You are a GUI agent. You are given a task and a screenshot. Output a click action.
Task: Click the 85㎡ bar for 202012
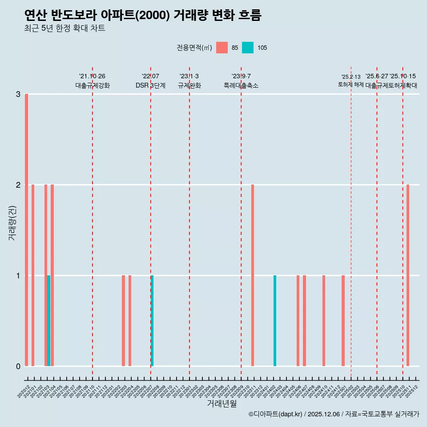click(27, 230)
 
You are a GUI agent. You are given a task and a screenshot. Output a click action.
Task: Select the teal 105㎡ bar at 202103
click(48, 321)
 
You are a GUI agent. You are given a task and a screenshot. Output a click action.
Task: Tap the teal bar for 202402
click(275, 321)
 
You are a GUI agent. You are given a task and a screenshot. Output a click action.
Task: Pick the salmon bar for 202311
click(253, 275)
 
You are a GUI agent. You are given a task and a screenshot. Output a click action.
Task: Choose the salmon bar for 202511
click(408, 275)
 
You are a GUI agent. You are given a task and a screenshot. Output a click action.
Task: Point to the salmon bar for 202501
click(343, 321)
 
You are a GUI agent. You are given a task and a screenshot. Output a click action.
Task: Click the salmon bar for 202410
click(324, 321)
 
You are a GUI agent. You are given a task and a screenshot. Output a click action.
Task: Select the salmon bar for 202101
click(33, 275)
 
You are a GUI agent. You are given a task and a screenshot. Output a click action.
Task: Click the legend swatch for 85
click(222, 48)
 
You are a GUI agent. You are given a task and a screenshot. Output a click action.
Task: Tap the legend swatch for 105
click(248, 48)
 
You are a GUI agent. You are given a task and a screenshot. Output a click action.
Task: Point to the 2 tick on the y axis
click(18, 185)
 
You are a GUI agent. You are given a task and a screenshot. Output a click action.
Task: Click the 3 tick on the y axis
click(18, 94)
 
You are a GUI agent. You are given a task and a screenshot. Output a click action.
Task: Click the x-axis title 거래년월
click(222, 403)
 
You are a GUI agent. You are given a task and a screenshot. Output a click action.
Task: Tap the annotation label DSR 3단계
click(150, 85)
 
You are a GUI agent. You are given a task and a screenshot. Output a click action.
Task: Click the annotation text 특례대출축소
click(241, 85)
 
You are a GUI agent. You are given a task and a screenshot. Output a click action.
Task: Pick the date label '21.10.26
click(92, 77)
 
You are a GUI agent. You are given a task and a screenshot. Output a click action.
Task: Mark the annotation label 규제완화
click(189, 85)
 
